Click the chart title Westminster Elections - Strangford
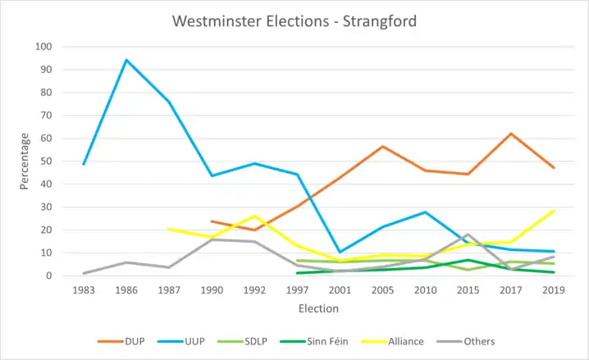[x=294, y=21]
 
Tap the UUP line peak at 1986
[x=126, y=60]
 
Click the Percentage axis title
[x=25, y=161]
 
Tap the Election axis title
[x=318, y=309]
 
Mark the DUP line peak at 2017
[x=511, y=134]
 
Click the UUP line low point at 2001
[x=340, y=252]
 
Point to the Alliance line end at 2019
[x=554, y=211]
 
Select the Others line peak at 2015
[x=468, y=235]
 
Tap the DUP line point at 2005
[x=382, y=147]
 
